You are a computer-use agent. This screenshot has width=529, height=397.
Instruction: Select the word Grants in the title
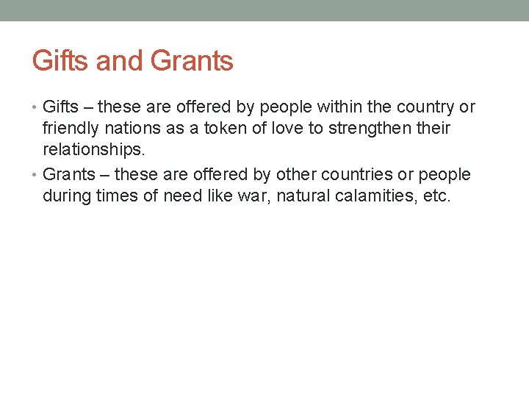(192, 61)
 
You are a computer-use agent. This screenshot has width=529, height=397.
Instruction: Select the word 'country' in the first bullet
(428, 107)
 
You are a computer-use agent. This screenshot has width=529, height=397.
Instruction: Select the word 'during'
(67, 197)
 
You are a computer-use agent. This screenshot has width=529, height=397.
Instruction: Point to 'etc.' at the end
(434, 197)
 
